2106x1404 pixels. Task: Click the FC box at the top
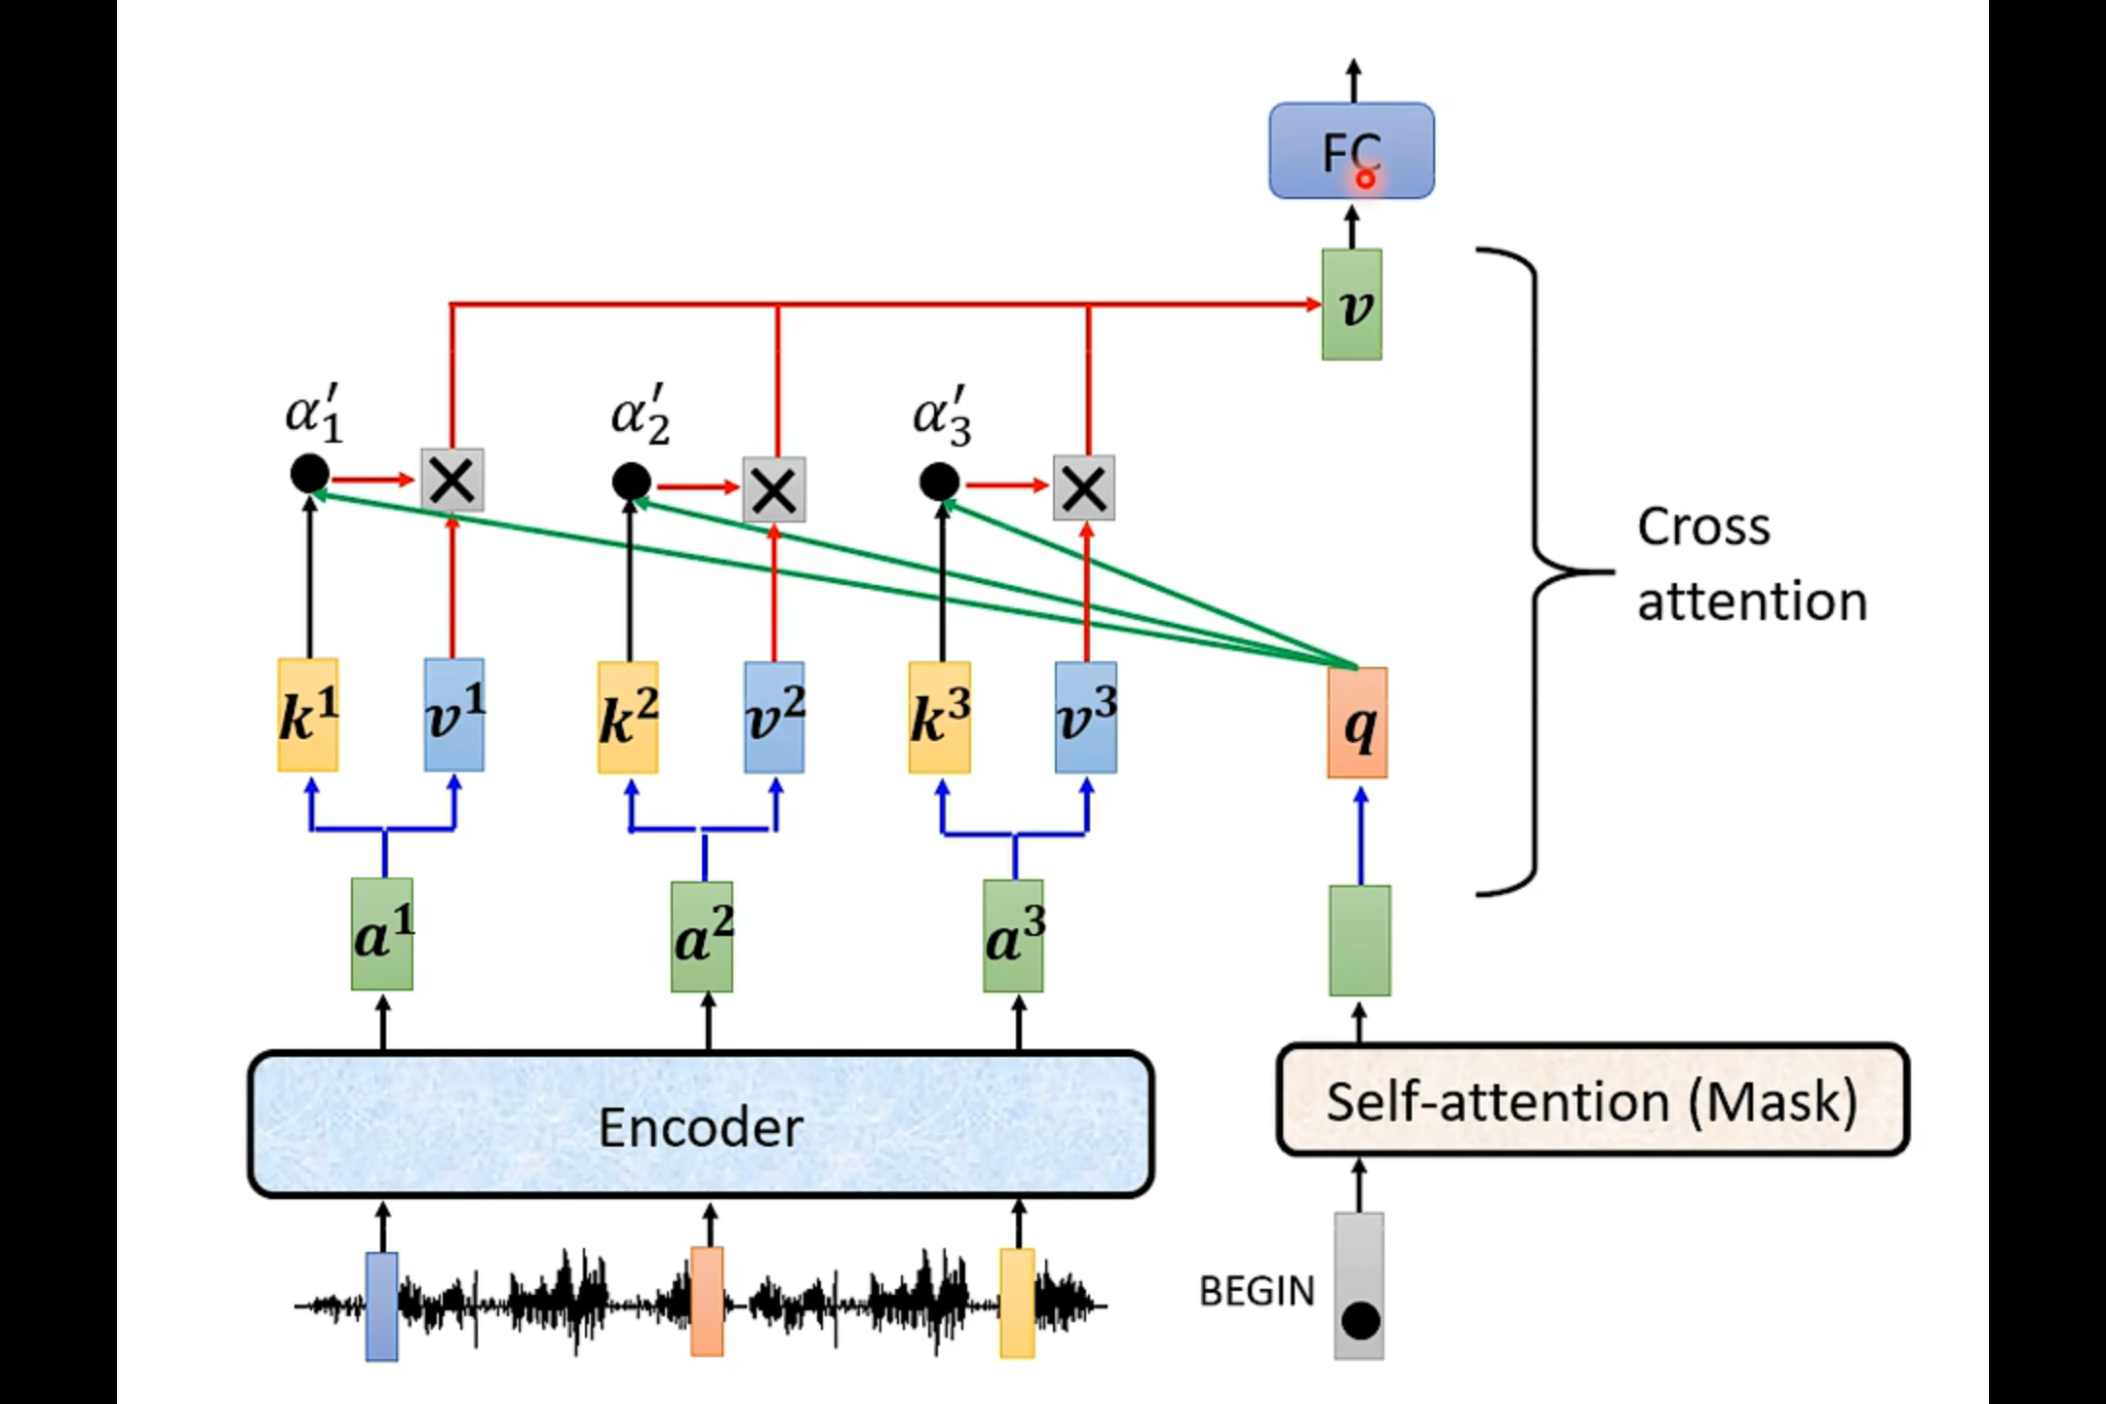(1350, 151)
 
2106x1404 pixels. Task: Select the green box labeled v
(1351, 305)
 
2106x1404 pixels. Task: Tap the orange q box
(1357, 722)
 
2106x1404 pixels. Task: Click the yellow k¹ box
(308, 715)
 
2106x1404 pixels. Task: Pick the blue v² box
(774, 718)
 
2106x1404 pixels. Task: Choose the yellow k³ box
(939, 718)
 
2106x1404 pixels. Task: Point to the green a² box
(702, 937)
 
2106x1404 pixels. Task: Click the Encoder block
(701, 1124)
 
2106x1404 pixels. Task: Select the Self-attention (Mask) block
(1592, 1100)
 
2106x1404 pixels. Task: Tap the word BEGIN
(1257, 1291)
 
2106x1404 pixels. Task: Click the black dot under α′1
(310, 475)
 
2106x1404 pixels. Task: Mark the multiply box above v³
(1084, 487)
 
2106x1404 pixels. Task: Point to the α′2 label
(641, 415)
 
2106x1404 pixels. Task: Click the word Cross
(1703, 527)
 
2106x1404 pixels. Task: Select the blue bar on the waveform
(381, 1306)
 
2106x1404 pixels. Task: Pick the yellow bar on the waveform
(1017, 1304)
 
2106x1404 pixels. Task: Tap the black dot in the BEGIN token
(1360, 1321)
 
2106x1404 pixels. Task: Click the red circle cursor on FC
(1365, 179)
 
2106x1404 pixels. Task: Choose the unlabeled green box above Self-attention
(1360, 941)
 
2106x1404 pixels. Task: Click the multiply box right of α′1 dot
(452, 480)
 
